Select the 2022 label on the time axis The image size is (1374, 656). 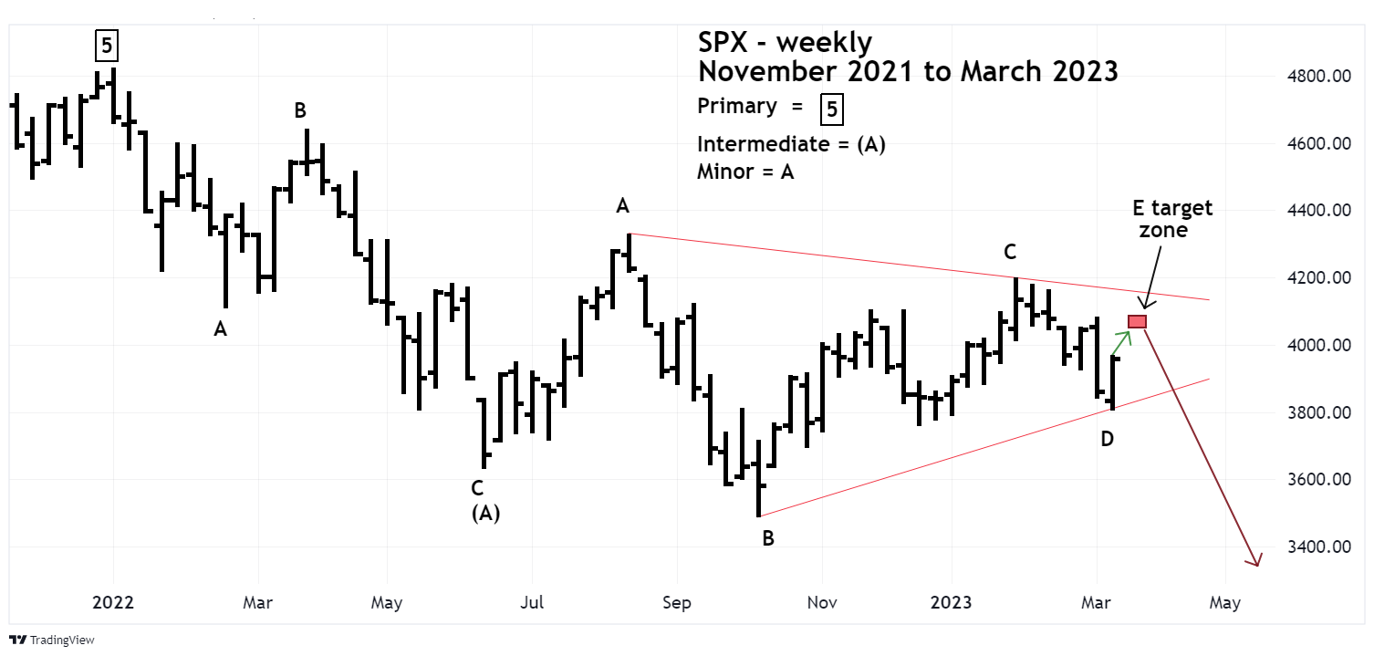pyautogui.click(x=113, y=603)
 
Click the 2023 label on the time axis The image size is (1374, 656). pyautogui.click(x=952, y=603)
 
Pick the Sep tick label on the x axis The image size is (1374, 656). pyautogui.click(x=676, y=603)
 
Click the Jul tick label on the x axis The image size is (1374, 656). pyautogui.click(x=532, y=603)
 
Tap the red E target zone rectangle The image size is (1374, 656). pyautogui.click(x=1137, y=321)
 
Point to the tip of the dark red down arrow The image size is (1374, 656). pyautogui.click(x=1258, y=566)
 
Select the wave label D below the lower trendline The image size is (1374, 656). pyautogui.click(x=1107, y=439)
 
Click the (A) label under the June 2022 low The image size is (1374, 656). pyautogui.click(x=485, y=514)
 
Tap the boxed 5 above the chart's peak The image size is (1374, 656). pyautogui.click(x=106, y=44)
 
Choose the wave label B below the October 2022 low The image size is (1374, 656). pyautogui.click(x=768, y=539)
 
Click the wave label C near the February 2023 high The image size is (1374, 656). pyautogui.click(x=1010, y=252)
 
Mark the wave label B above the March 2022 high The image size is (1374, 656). pyautogui.click(x=300, y=111)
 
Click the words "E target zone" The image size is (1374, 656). pyautogui.click(x=1172, y=219)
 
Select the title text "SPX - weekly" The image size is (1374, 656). pyautogui.click(x=785, y=42)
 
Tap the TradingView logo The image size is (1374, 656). pyautogui.click(x=52, y=640)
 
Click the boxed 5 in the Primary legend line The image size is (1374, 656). pyautogui.click(x=830, y=109)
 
